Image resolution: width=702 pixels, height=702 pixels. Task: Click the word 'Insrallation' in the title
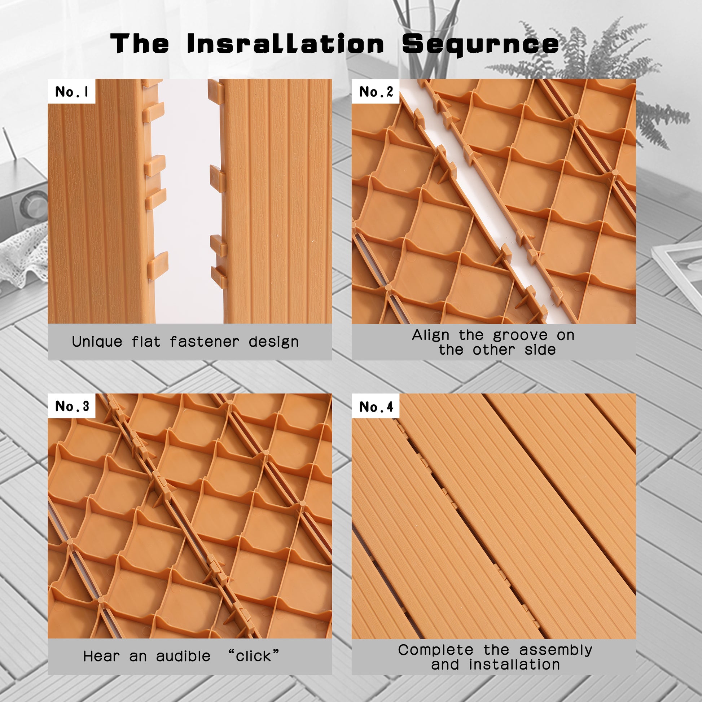[286, 44]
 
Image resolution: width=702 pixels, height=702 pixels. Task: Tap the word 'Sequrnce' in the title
[481, 45]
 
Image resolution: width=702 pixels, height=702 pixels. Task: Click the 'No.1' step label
[71, 92]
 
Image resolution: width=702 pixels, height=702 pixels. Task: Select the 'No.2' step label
[376, 92]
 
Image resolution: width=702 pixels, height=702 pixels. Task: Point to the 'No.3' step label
[72, 406]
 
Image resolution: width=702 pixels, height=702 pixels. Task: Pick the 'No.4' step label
[376, 407]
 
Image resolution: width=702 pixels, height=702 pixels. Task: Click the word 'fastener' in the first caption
[205, 342]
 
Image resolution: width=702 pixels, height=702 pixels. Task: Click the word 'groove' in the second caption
[520, 335]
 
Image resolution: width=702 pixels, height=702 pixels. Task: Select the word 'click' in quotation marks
[253, 656]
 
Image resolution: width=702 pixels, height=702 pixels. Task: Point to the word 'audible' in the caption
[183, 656]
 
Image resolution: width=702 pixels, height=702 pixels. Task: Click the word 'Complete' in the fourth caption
[436, 650]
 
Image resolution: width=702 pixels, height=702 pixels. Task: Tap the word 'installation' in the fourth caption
[514, 664]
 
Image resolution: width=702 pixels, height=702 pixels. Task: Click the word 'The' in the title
[140, 44]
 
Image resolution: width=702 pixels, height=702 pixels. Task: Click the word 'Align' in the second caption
[431, 335]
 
